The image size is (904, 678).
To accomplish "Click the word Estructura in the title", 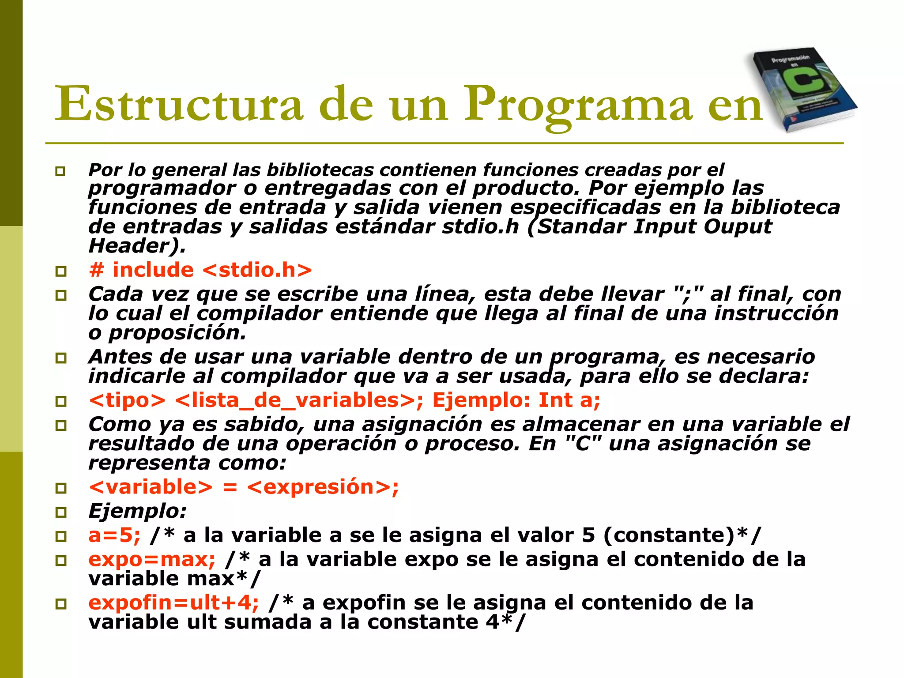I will (x=179, y=104).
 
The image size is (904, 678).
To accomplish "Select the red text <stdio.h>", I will (x=257, y=270).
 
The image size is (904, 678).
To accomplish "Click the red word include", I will (x=153, y=270).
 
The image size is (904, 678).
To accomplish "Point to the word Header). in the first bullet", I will (x=137, y=246).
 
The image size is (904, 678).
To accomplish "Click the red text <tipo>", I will (x=127, y=400).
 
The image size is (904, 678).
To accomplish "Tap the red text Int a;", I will (x=569, y=400).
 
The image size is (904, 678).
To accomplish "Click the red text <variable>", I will (x=151, y=487).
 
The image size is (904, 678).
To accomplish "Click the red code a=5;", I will (x=114, y=535).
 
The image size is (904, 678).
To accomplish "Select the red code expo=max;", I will (x=152, y=559).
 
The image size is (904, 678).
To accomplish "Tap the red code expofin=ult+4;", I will (x=173, y=603).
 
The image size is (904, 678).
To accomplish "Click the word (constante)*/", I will (x=682, y=535).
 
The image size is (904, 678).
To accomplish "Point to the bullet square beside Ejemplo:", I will (x=61, y=512).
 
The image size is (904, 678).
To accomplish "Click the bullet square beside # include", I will (x=61, y=271).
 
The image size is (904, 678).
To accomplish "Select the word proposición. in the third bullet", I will (x=177, y=333).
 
